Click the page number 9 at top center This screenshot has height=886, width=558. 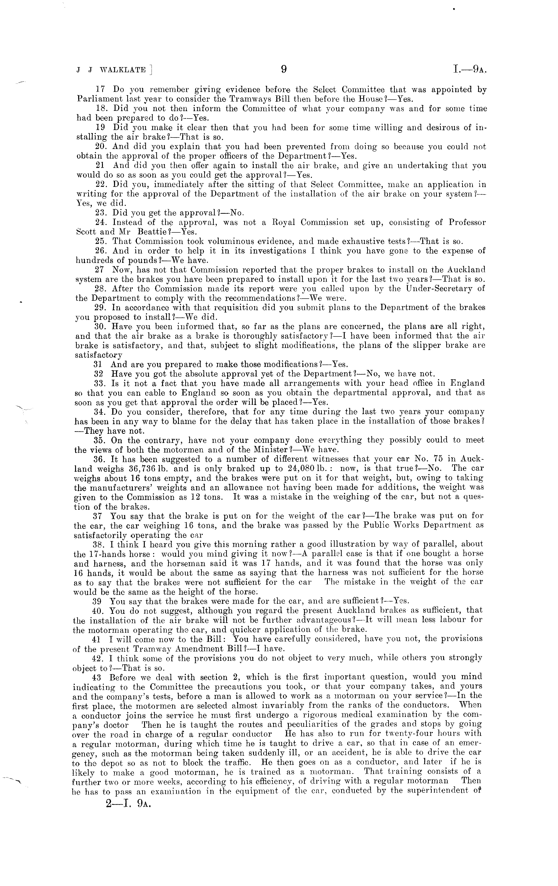click(283, 69)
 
